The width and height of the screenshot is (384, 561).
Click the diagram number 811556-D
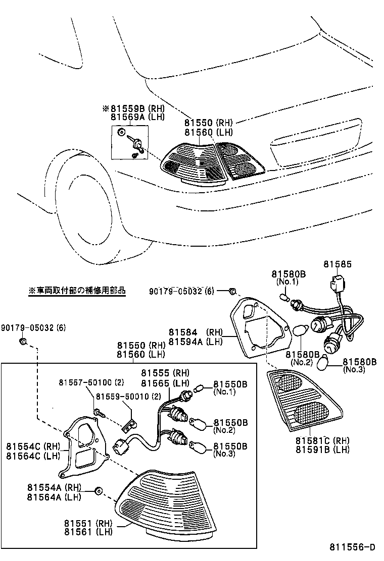point(352,547)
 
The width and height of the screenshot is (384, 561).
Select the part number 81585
point(338,264)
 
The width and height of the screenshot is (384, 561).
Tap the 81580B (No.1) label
point(289,274)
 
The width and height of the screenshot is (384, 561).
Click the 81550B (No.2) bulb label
point(230,422)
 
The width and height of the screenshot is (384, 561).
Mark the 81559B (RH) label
point(130,108)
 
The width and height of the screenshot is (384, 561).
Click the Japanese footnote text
point(77,291)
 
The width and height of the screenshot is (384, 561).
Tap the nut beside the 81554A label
point(98,490)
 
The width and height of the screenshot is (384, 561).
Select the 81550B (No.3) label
point(230,446)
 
